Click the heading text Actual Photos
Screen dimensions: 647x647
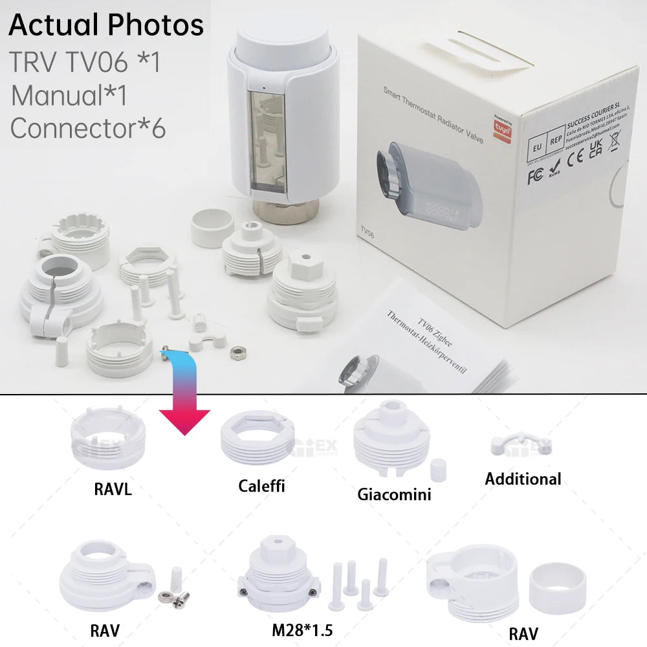tap(106, 26)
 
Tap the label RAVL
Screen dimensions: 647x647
tap(113, 489)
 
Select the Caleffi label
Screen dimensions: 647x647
tap(261, 486)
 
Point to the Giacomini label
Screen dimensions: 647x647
tap(394, 494)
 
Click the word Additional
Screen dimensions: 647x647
tap(523, 479)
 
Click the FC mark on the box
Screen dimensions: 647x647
tap(534, 176)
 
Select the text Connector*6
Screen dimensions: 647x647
tap(88, 128)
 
